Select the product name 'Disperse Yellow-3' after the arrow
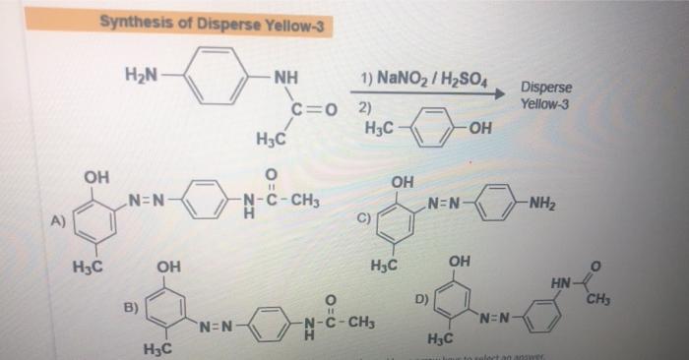[x=544, y=95]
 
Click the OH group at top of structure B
[x=169, y=267]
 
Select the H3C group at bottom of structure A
[x=89, y=265]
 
